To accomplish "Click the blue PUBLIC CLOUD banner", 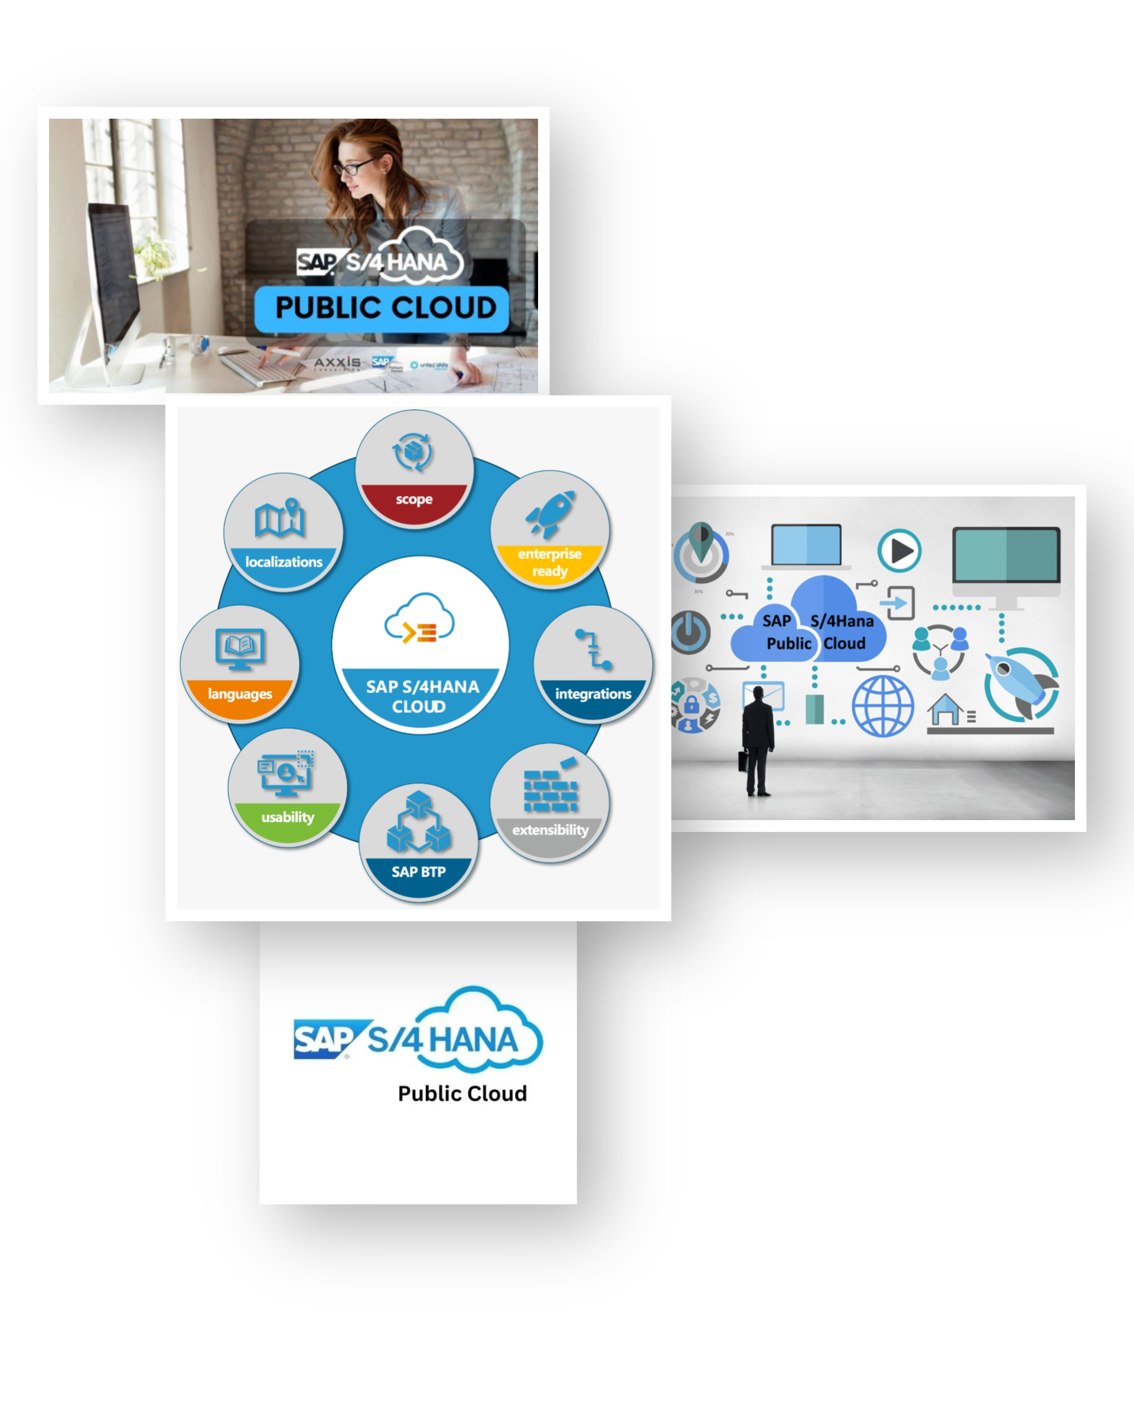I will [x=382, y=308].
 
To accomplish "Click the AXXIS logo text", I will [x=337, y=363].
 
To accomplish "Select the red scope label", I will [x=414, y=499].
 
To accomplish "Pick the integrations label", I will [x=593, y=694].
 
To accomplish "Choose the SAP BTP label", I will [x=418, y=872].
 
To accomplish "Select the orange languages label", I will [x=240, y=694].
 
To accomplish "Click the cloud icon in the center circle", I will [x=420, y=620].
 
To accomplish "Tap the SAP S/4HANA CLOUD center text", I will [x=421, y=697].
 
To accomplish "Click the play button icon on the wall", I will [x=900, y=551].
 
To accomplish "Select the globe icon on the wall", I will [x=882, y=707].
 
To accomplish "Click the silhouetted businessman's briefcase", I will [x=743, y=760].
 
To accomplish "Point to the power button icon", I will [x=690, y=632].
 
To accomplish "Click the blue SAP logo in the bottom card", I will [x=323, y=1040].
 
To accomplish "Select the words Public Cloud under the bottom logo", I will [x=462, y=1093].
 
